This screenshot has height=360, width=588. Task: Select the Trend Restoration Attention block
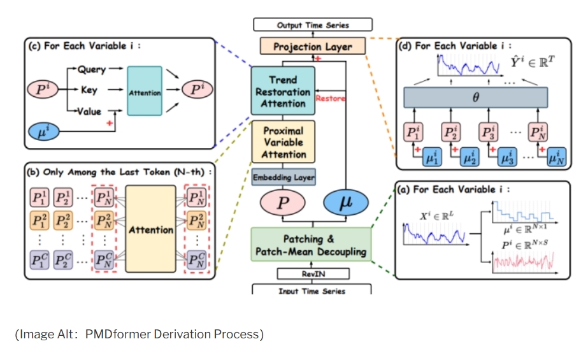tap(283, 91)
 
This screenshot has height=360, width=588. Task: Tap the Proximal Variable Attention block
tap(283, 143)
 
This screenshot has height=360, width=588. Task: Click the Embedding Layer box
tap(283, 177)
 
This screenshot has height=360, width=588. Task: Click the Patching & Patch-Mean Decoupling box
tap(311, 245)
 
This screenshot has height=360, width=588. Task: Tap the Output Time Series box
tap(312, 25)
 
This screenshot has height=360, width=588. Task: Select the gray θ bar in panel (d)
tap(476, 98)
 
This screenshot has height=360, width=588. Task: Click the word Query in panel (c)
tap(92, 70)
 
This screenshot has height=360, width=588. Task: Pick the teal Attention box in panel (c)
tap(145, 92)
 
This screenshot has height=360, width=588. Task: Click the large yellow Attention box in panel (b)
tap(150, 229)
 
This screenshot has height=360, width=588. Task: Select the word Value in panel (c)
tap(89, 111)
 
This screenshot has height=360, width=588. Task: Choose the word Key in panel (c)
tap(89, 90)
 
